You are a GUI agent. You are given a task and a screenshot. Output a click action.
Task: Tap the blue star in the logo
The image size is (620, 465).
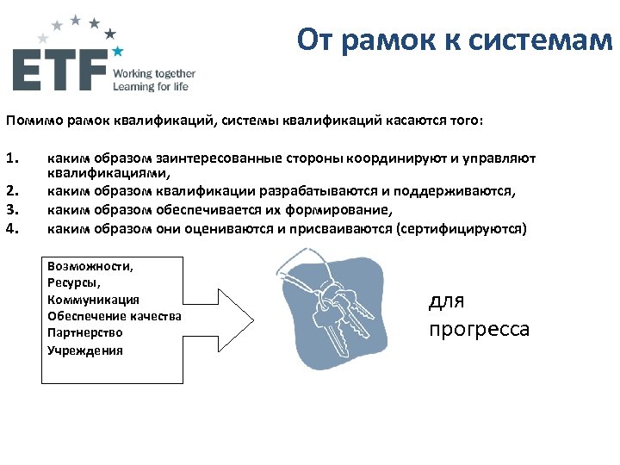point(117,53)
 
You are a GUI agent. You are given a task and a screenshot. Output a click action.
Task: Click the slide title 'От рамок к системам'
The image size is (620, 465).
point(454,40)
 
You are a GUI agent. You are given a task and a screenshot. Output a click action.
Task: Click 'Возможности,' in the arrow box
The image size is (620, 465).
point(91,266)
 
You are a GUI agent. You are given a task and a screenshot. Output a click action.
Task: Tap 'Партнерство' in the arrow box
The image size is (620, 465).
point(85,332)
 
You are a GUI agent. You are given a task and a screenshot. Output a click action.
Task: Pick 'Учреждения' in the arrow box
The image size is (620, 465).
point(85,350)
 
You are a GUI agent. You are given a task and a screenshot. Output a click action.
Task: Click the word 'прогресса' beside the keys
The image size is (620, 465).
point(479,330)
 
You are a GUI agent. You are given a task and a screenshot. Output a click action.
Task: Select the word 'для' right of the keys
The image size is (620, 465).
point(446,301)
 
